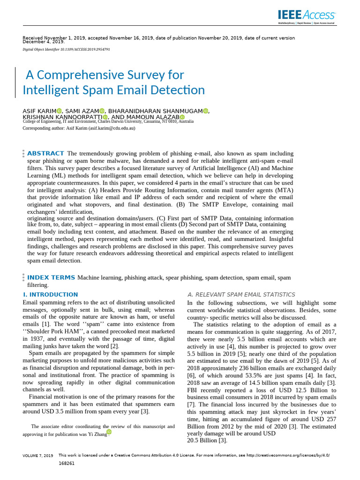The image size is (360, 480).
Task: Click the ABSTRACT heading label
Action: [45, 153]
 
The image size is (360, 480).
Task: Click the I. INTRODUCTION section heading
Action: [51, 294]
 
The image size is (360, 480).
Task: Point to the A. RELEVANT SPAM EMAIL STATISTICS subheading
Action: [241, 294]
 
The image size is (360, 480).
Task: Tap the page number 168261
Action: [67, 463]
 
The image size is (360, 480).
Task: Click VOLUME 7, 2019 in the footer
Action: [38, 455]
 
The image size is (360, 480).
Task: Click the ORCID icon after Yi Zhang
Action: [109, 432]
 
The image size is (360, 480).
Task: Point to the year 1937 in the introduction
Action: [38, 338]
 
